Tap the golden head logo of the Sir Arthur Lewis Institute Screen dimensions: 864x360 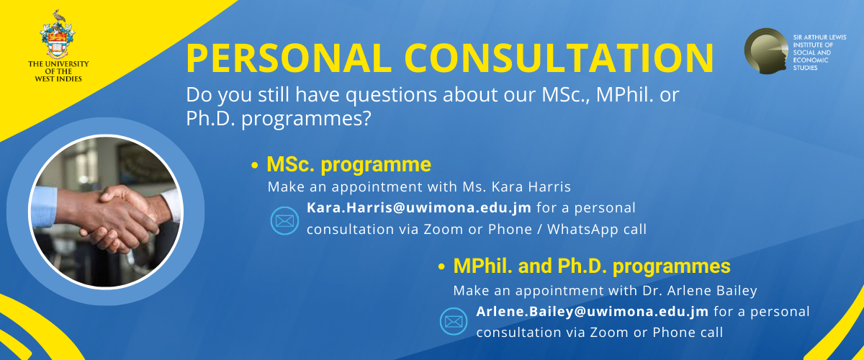click(x=766, y=51)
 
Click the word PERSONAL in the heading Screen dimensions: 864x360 click(x=289, y=58)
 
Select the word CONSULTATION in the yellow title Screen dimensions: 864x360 click(x=559, y=58)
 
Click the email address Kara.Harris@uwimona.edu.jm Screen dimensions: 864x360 click(x=419, y=207)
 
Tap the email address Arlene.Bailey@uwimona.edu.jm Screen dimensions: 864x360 click(x=592, y=311)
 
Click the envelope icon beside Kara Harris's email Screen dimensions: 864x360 click(x=284, y=221)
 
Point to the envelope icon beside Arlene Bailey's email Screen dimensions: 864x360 click(x=454, y=321)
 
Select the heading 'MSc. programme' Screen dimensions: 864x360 click(x=348, y=164)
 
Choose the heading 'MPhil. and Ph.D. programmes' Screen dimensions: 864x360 click(x=592, y=266)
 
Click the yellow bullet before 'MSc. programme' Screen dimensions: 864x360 click(x=254, y=166)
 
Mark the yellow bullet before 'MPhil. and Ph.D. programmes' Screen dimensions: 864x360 click(x=441, y=267)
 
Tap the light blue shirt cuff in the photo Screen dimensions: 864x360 click(x=44, y=207)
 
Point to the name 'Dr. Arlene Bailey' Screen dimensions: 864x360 click(x=700, y=291)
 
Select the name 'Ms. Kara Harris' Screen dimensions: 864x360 click(x=517, y=187)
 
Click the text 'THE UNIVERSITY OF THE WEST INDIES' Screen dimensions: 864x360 click(x=58, y=71)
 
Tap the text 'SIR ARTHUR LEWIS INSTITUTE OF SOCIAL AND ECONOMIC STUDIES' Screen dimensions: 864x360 click(x=819, y=53)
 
